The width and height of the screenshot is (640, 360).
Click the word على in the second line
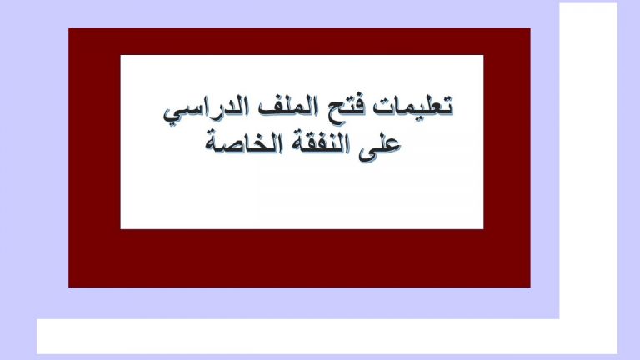pyautogui.click(x=380, y=145)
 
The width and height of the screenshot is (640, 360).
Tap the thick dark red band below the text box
pyautogui.click(x=300, y=258)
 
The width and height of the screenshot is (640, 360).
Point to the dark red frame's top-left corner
pyautogui.click(x=68, y=28)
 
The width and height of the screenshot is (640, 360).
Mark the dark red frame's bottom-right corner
pyautogui.click(x=531, y=287)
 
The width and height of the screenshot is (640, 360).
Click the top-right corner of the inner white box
pyautogui.click(x=483, y=55)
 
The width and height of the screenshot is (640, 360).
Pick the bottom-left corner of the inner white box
pyautogui.click(x=120, y=229)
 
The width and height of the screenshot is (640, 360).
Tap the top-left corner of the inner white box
pyautogui.click(x=120, y=55)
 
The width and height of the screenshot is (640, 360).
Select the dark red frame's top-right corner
pyautogui.click(x=531, y=28)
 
